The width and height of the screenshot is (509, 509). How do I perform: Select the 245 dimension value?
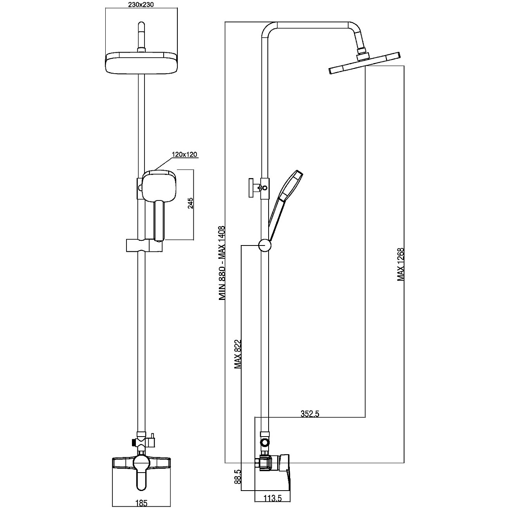[x=190, y=204]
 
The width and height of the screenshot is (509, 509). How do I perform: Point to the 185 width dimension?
[x=142, y=504]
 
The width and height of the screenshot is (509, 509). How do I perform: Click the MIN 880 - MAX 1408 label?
[x=222, y=262]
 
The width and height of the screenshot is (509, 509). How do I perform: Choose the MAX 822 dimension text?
[x=238, y=354]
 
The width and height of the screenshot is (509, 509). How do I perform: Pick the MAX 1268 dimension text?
[x=400, y=264]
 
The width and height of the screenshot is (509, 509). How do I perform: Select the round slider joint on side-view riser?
[x=264, y=245]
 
